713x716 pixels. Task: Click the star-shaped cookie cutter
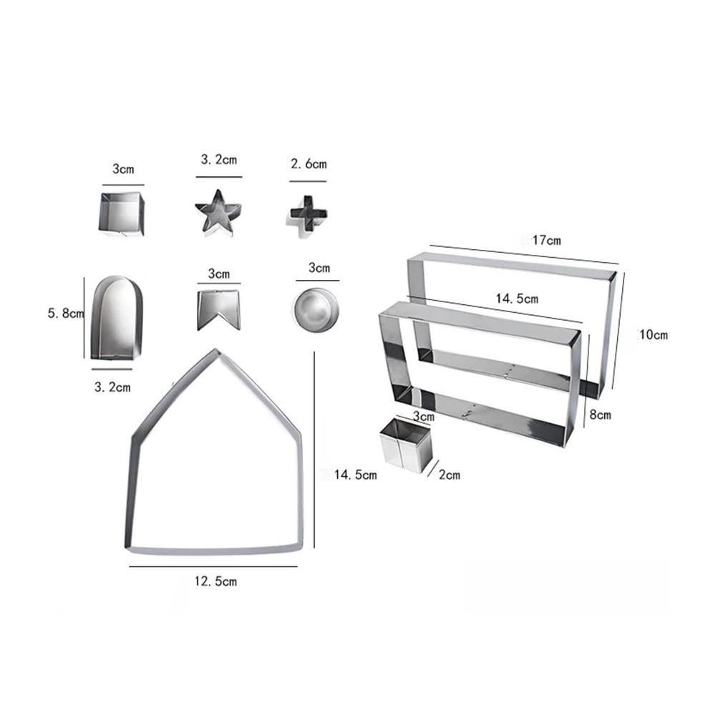click(x=218, y=213)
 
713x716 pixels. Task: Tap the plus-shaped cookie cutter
click(x=309, y=216)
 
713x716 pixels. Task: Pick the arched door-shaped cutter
click(x=117, y=317)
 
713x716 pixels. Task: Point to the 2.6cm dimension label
click(x=309, y=164)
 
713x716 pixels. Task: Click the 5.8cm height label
click(x=66, y=314)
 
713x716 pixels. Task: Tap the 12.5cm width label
click(x=215, y=581)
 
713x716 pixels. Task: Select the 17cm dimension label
click(x=546, y=240)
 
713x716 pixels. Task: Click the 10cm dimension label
click(x=654, y=334)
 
